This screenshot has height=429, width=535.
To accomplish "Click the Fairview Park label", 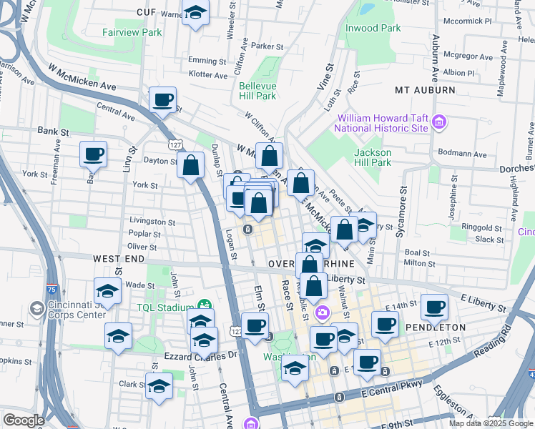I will coord(132,32).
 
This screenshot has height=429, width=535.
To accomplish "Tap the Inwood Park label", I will coord(373,28).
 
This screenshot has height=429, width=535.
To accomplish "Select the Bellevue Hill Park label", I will coord(257,91).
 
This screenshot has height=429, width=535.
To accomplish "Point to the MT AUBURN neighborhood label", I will coord(425,90).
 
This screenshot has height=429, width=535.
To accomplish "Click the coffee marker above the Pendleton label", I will coord(434,307).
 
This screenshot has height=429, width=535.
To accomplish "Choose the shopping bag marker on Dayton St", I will coord(191,166).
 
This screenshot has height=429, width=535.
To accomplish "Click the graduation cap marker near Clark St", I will coord(159,386).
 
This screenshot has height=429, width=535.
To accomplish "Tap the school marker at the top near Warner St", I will coord(195,13).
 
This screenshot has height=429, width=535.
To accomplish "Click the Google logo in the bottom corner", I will coord(23,420).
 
